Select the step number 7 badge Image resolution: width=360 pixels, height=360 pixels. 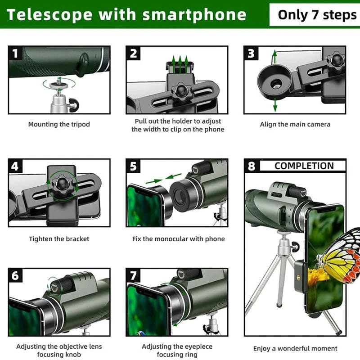[134, 275]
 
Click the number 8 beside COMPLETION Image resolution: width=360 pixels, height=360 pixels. [252, 166]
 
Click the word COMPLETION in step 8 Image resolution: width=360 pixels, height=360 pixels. [304, 166]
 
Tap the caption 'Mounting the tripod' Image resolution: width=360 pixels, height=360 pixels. [59, 125]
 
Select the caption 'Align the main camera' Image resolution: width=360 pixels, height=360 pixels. [295, 125]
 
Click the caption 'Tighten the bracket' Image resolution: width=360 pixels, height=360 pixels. [59, 239]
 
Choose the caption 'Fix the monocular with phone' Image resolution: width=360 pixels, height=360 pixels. [178, 239]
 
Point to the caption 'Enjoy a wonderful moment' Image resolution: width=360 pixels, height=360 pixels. [295, 348]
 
